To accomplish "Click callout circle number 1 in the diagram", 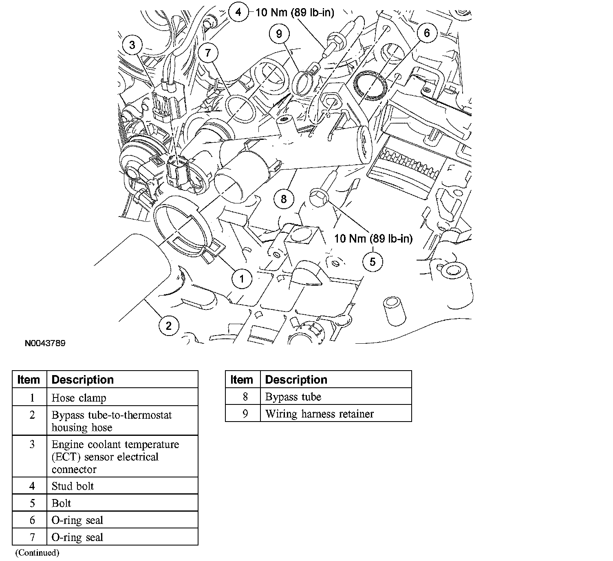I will [242, 279].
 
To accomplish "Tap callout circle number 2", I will [169, 325].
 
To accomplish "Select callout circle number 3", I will [132, 45].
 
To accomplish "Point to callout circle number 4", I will [238, 12].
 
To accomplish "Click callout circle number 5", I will [373, 261].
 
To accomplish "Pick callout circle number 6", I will [427, 33].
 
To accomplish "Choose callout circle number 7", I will [208, 53].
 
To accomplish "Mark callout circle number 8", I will [284, 199].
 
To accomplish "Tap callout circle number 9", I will [279, 33].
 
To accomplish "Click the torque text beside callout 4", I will [295, 13].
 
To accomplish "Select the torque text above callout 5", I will [373, 239].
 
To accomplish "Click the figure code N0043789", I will [45, 343].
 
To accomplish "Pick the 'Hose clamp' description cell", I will [122, 398].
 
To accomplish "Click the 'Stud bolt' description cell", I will [122, 486].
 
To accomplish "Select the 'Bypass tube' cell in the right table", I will [335, 397].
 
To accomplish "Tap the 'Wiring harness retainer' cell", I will [335, 414].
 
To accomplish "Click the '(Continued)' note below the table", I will [37, 553].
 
